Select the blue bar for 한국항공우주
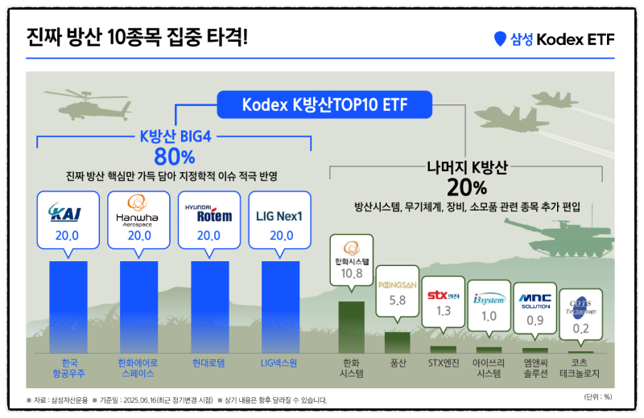click(68, 305)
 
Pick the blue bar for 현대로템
click(208, 305)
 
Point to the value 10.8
click(352, 274)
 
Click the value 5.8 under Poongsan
click(397, 301)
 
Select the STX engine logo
click(443, 296)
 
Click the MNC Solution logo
click(535, 299)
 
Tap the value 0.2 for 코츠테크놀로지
click(580, 328)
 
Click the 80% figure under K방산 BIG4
click(175, 154)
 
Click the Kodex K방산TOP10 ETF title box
click(324, 104)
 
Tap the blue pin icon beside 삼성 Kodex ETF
click(500, 38)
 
